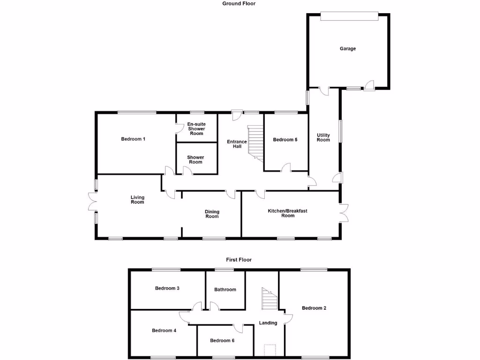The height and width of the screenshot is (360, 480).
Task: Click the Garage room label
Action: (x=348, y=48)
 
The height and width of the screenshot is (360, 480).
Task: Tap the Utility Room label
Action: (x=323, y=137)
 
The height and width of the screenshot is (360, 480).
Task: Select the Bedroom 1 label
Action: (x=133, y=139)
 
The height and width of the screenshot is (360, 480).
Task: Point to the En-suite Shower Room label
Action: (x=196, y=129)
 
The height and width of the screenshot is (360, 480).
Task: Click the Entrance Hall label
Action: (x=237, y=144)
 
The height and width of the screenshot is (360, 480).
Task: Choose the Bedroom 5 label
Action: (x=285, y=139)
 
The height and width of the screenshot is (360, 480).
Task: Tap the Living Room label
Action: (x=137, y=200)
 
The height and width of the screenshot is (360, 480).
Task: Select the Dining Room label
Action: (x=212, y=214)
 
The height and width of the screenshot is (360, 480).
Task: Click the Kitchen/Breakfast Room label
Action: (x=288, y=213)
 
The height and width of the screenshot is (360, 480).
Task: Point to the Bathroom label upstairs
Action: (x=225, y=289)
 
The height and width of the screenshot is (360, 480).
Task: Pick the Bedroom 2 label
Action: (x=314, y=308)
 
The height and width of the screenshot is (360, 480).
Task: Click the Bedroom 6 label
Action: (x=222, y=340)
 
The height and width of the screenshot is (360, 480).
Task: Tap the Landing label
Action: (x=268, y=322)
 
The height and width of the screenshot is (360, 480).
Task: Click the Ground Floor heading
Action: (x=239, y=3)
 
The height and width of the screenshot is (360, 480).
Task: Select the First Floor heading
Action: (x=239, y=259)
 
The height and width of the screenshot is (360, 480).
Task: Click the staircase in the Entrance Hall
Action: (x=256, y=142)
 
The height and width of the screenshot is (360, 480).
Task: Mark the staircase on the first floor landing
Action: (x=270, y=300)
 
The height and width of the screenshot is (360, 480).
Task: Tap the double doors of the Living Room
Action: (x=91, y=203)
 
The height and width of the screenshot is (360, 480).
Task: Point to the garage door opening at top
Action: (x=348, y=16)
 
